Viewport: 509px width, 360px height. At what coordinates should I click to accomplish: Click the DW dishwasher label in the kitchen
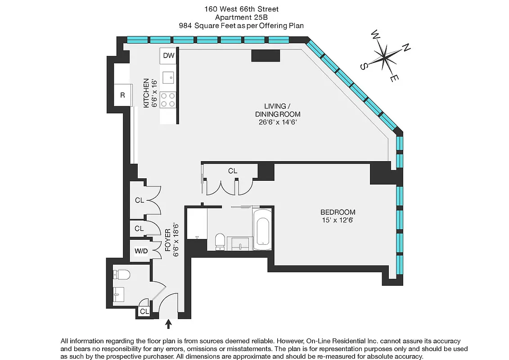coord(168,56)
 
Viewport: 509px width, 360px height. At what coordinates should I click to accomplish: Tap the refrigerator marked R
coord(122,95)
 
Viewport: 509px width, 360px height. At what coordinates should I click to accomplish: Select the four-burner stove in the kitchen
coord(168,99)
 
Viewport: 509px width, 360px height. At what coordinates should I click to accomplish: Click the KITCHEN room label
coord(146,93)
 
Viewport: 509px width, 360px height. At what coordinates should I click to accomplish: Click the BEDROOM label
coord(338,212)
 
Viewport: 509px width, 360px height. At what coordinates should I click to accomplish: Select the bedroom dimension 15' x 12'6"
coord(338,220)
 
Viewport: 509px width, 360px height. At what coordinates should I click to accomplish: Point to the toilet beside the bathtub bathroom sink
coord(220,241)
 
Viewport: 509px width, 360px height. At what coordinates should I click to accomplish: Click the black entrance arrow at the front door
coord(169,323)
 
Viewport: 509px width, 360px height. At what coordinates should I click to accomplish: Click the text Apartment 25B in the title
coord(254,17)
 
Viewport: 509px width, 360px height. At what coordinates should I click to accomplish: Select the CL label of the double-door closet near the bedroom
coord(233,171)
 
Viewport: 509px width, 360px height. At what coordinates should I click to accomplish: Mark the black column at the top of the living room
coord(266,55)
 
